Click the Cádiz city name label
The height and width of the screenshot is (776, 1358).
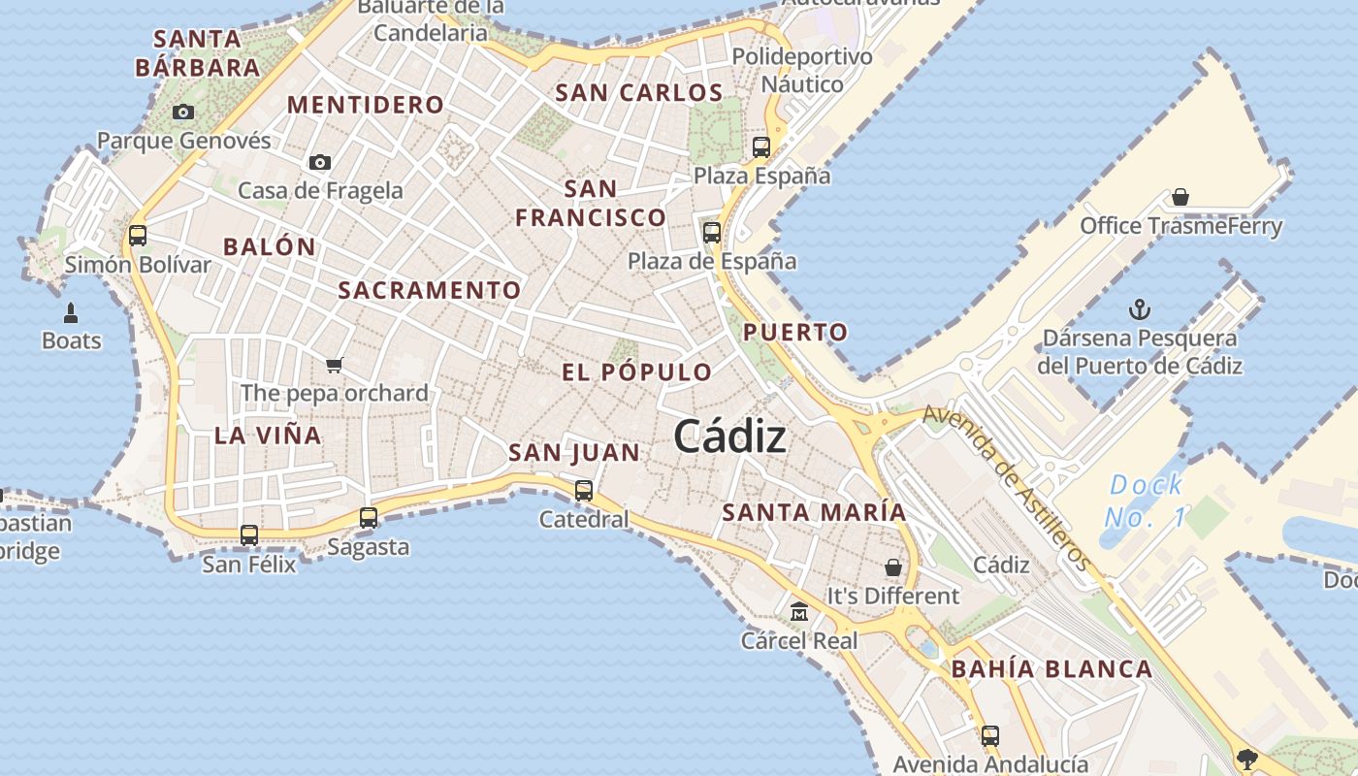click(x=729, y=437)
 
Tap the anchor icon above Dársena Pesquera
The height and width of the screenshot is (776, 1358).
click(x=1140, y=310)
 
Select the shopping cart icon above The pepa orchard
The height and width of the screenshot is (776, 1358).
click(x=335, y=365)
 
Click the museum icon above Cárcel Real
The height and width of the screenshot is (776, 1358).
click(x=799, y=612)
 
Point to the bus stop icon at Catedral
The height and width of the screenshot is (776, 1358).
click(x=584, y=491)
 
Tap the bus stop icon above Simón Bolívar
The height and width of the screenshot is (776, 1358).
click(x=138, y=236)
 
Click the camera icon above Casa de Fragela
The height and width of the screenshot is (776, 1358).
click(x=320, y=162)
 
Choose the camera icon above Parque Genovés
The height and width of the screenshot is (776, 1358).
click(x=183, y=113)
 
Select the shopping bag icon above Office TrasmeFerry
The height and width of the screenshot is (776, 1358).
click(x=1180, y=198)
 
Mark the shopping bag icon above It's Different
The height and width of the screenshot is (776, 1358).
click(x=893, y=567)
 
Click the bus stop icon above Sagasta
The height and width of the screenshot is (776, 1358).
click(x=369, y=518)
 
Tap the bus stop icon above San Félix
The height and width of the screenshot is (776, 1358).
click(x=249, y=535)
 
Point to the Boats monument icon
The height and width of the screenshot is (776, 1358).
click(x=71, y=312)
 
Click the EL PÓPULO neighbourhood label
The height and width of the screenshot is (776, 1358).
click(x=636, y=372)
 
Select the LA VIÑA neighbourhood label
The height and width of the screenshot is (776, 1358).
click(x=268, y=436)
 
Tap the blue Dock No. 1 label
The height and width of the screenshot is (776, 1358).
click(x=1147, y=501)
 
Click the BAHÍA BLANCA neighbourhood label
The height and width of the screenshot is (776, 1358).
click(x=1051, y=669)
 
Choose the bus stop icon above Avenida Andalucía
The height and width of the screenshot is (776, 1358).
click(x=990, y=736)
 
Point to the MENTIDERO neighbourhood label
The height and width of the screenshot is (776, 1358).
click(x=366, y=105)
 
